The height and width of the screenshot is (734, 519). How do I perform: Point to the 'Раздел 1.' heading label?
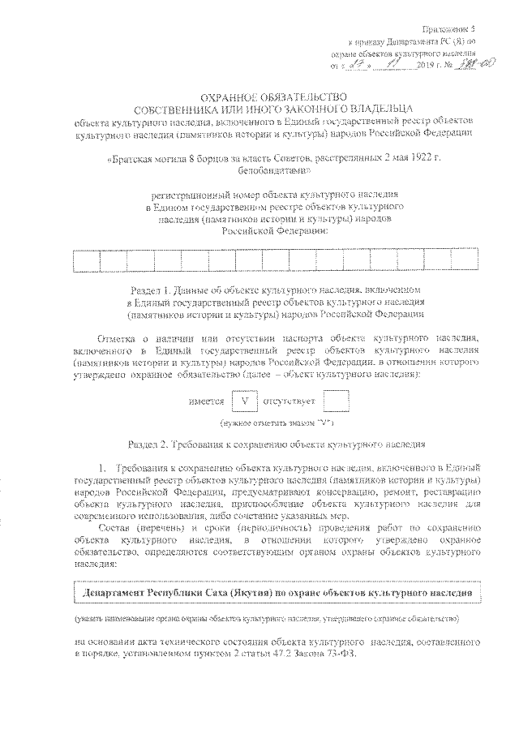tap(151, 289)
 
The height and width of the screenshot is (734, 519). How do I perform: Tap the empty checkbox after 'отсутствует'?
tap(335, 401)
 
